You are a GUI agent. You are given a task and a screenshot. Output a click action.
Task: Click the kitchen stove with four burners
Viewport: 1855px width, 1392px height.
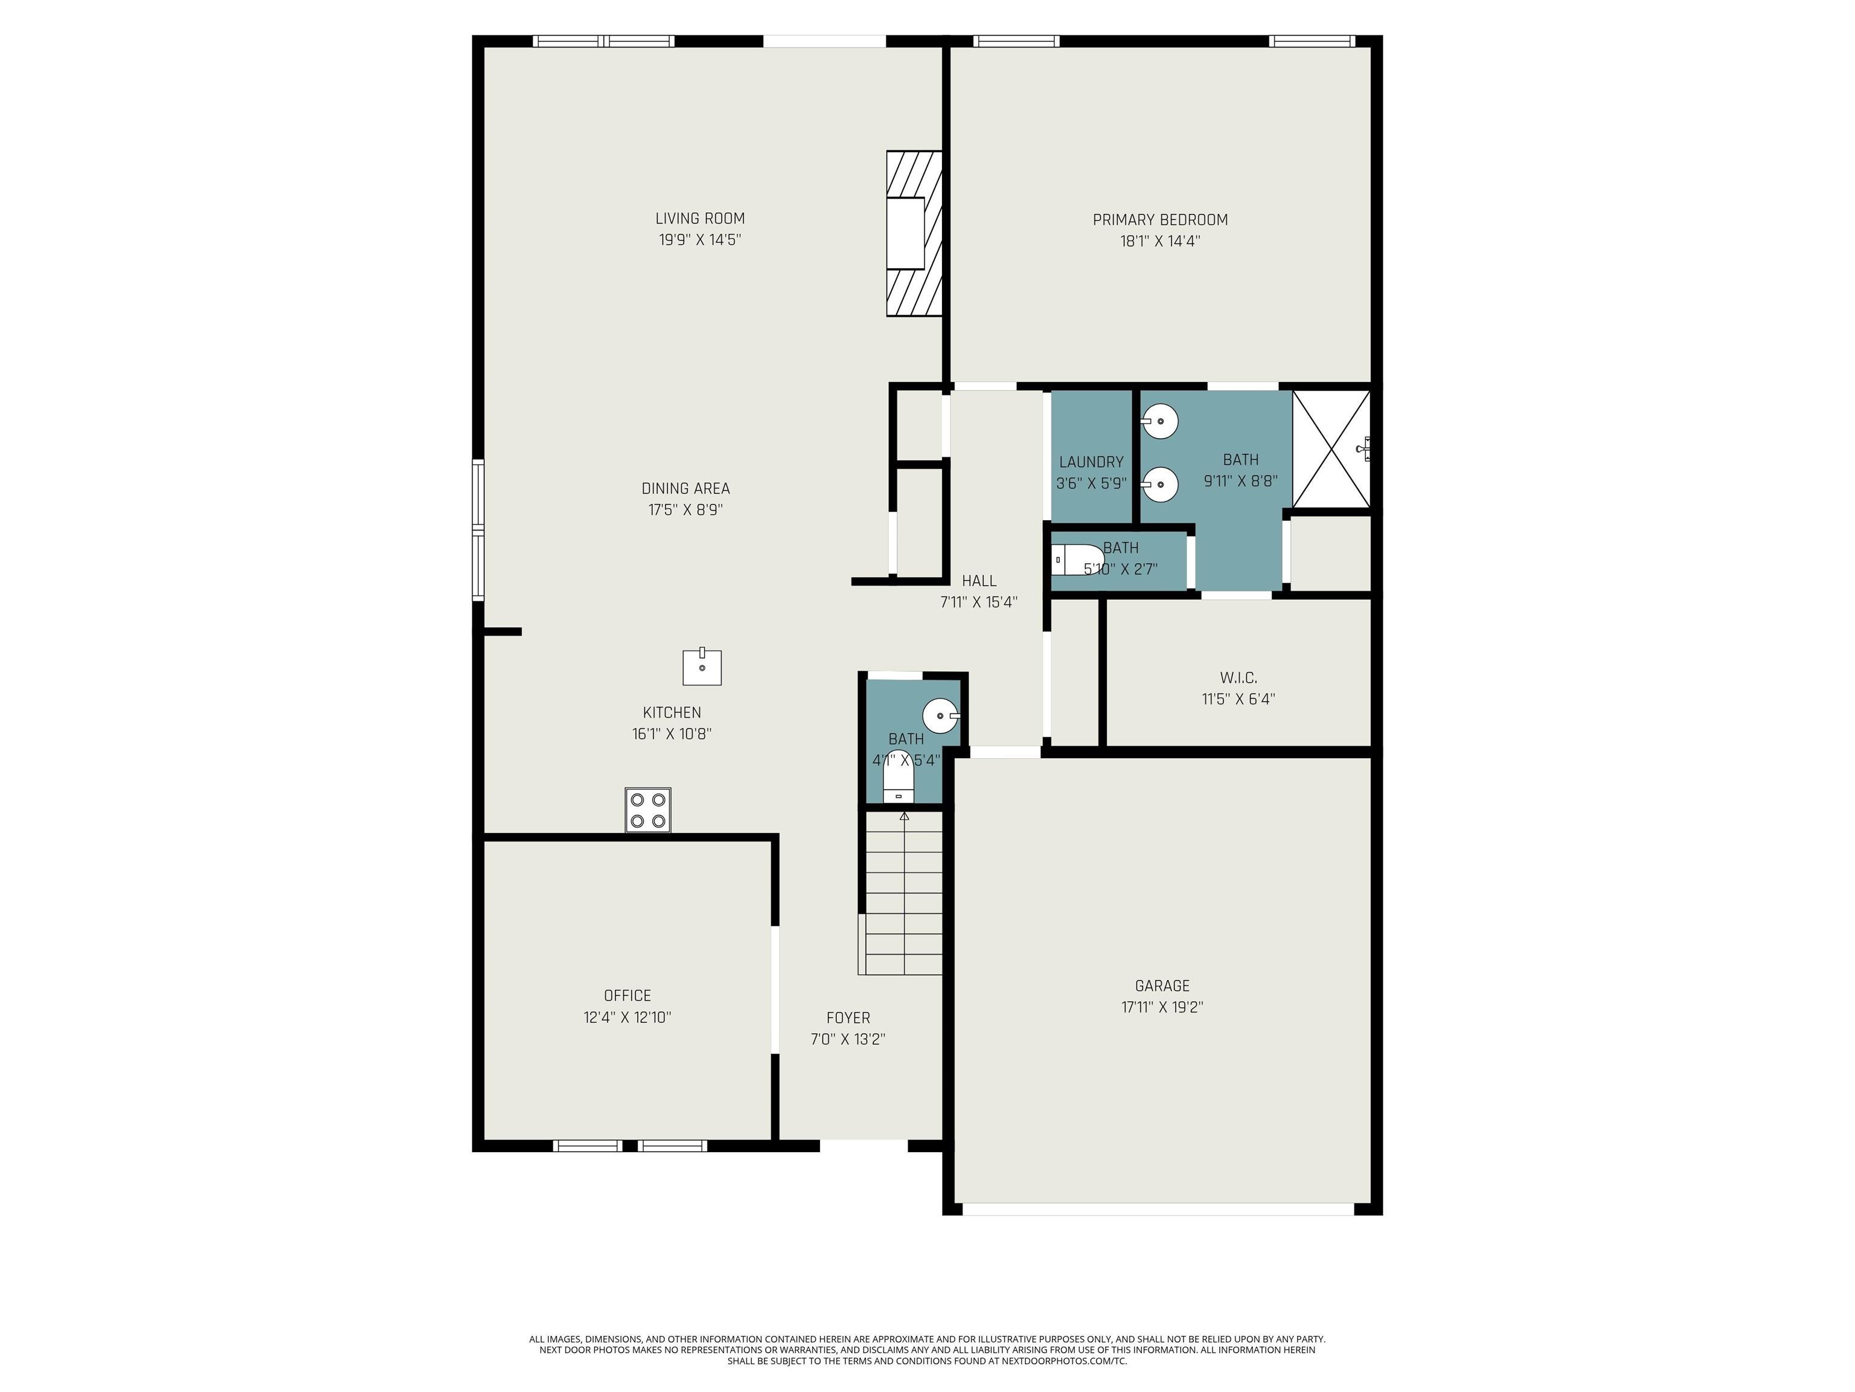(647, 810)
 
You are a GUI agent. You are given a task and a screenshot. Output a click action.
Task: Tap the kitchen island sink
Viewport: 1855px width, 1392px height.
(702, 667)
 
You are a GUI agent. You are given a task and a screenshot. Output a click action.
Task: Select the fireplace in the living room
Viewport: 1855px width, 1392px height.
(914, 233)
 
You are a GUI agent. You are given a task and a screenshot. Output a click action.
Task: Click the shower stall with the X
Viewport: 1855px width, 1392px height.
(1331, 449)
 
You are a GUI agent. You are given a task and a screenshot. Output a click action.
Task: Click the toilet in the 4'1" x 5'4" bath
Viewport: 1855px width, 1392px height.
(897, 788)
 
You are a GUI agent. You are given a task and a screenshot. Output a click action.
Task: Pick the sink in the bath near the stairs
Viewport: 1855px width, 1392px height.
(941, 716)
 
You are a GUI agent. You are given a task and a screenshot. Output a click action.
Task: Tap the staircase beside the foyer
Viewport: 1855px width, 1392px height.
(902, 892)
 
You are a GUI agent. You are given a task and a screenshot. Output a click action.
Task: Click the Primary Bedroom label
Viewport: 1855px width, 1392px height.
(1160, 220)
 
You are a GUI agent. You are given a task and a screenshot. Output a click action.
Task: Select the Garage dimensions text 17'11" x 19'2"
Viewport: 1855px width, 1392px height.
(1162, 1007)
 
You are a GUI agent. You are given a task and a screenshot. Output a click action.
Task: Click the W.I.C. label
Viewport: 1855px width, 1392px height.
(1238, 677)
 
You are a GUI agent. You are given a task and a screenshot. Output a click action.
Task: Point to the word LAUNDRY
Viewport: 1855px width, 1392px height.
(1091, 462)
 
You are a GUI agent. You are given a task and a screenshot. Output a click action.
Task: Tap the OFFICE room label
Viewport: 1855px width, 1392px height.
(627, 995)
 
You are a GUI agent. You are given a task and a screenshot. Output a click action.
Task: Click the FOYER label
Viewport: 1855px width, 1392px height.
(848, 1018)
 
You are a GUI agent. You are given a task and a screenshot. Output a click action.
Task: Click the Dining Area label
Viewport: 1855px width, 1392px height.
(685, 488)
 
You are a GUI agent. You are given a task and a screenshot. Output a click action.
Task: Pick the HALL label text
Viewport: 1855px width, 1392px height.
(979, 581)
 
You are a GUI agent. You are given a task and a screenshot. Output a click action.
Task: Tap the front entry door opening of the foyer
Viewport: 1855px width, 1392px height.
(863, 1145)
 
